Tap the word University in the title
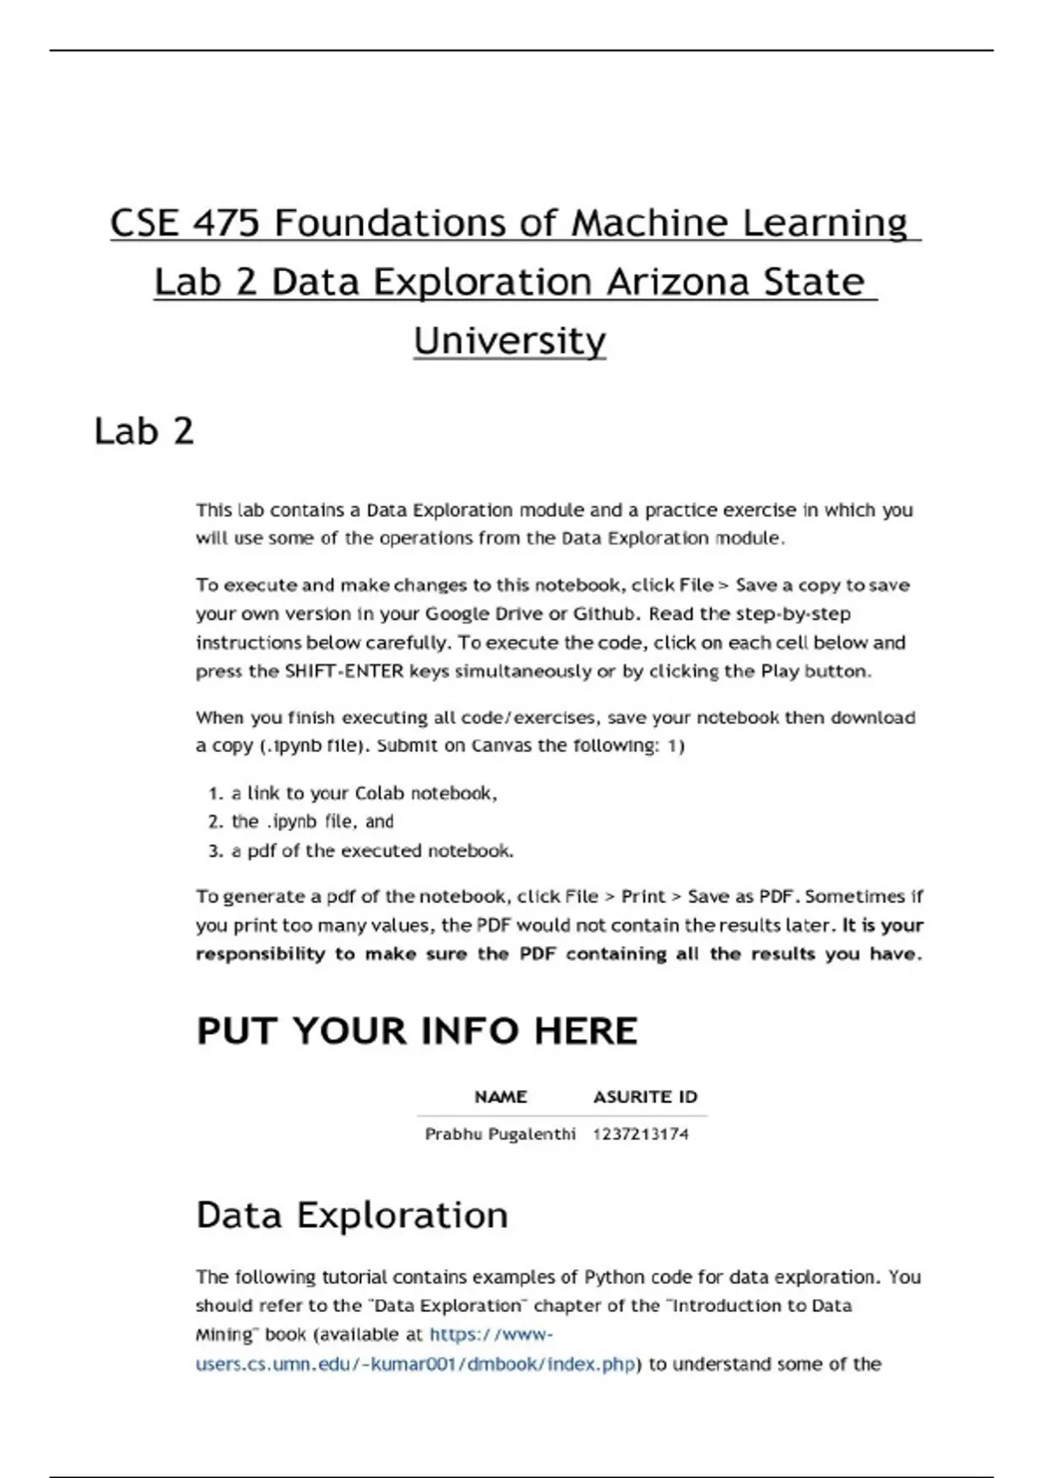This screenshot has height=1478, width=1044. click(x=509, y=341)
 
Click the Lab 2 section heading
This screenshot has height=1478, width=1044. click(x=144, y=432)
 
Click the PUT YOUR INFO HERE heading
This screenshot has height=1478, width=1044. click(x=417, y=1031)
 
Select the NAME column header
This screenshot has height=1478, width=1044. click(x=500, y=1097)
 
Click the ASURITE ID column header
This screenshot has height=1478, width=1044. click(x=645, y=1097)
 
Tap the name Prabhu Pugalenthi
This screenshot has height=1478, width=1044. click(x=499, y=1134)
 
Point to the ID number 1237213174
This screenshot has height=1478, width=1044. click(x=640, y=1134)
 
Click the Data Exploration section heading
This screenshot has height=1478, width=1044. click(x=351, y=1215)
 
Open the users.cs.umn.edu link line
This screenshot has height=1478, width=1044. click(x=416, y=1364)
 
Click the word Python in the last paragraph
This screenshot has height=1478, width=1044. click(x=614, y=1277)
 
